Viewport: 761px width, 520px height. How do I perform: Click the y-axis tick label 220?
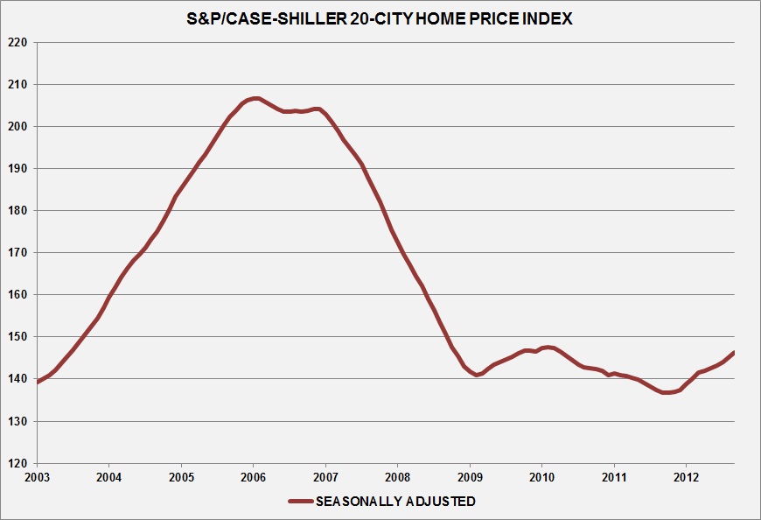(17, 42)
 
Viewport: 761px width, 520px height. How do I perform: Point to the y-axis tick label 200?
(17, 126)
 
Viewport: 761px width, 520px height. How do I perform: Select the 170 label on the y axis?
(17, 252)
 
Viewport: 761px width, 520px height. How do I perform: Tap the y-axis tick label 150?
(17, 336)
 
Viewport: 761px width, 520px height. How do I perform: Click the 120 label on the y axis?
(17, 463)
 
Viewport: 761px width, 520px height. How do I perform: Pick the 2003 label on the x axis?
(36, 478)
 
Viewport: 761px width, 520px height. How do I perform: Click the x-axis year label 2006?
(253, 478)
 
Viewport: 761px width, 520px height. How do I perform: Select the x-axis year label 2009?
(470, 478)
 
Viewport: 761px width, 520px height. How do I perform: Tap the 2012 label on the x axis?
(687, 478)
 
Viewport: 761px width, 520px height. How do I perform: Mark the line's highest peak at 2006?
(255, 98)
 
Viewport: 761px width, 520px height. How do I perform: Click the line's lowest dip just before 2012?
(667, 392)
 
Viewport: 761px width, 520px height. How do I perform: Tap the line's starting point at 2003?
(37, 382)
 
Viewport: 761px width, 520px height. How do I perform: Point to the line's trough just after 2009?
(477, 375)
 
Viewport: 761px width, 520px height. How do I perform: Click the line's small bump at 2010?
(548, 348)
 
